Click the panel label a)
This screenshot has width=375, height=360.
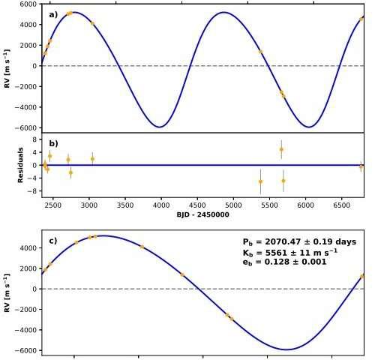click(x=53, y=15)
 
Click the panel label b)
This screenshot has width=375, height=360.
click(x=53, y=143)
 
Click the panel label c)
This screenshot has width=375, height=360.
click(x=53, y=241)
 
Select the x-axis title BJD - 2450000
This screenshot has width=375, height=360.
click(x=202, y=214)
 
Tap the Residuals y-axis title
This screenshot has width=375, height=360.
click(x=20, y=165)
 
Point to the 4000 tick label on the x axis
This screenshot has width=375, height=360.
click(x=161, y=205)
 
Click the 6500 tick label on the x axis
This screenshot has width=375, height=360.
click(x=341, y=205)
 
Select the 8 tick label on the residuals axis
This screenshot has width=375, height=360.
click(x=34, y=139)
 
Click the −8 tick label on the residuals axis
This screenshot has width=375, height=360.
click(x=31, y=191)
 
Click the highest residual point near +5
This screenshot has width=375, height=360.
click(x=281, y=149)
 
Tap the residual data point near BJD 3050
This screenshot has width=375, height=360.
click(x=92, y=159)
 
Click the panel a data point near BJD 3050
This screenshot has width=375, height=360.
click(x=92, y=23)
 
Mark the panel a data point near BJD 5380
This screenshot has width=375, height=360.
click(x=260, y=52)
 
